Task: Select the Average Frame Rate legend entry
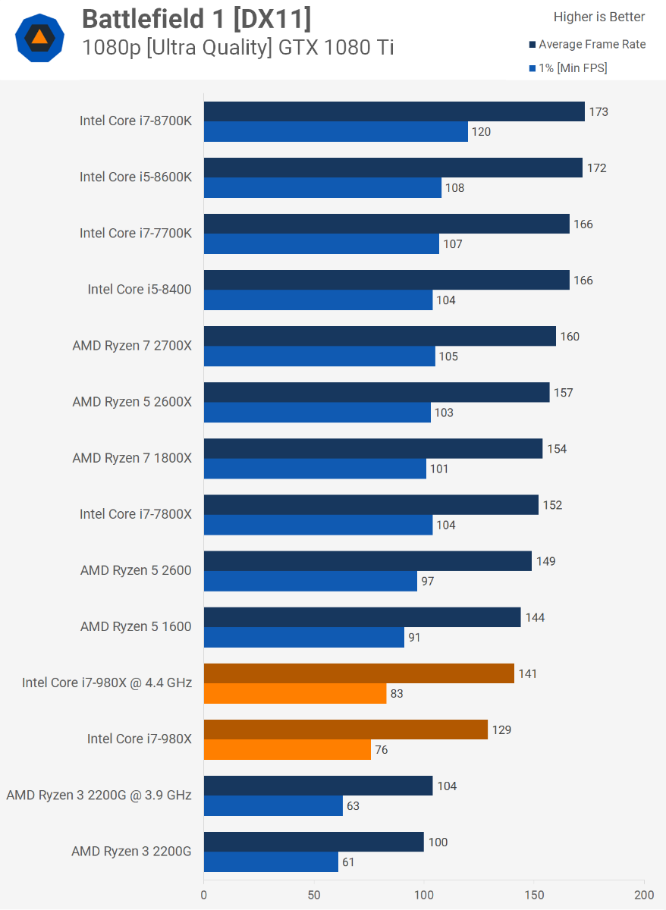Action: tap(592, 44)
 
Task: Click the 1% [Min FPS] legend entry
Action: tap(572, 67)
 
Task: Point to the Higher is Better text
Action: tap(599, 17)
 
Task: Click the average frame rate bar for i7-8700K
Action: tap(394, 111)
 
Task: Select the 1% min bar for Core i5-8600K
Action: tap(322, 187)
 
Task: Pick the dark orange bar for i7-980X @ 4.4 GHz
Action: tap(359, 673)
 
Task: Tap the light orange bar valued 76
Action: tap(287, 749)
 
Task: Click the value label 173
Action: tap(598, 112)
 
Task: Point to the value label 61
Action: tap(348, 861)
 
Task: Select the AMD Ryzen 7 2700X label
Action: tap(132, 345)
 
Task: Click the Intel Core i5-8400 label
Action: tap(140, 289)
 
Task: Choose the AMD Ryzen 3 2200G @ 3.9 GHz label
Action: tap(99, 795)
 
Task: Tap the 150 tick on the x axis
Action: tap(534, 895)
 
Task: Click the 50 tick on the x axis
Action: tap(314, 895)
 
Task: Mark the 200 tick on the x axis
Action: tap(644, 895)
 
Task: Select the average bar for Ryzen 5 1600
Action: tap(362, 617)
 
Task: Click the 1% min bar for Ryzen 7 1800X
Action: tap(315, 469)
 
